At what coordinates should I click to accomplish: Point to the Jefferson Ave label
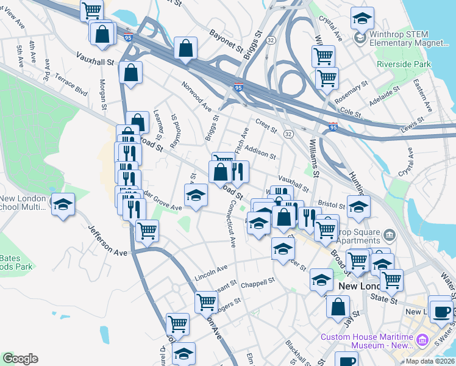107,240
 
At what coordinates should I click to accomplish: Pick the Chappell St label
258,283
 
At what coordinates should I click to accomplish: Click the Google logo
20,359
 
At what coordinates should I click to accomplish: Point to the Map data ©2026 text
430,361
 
